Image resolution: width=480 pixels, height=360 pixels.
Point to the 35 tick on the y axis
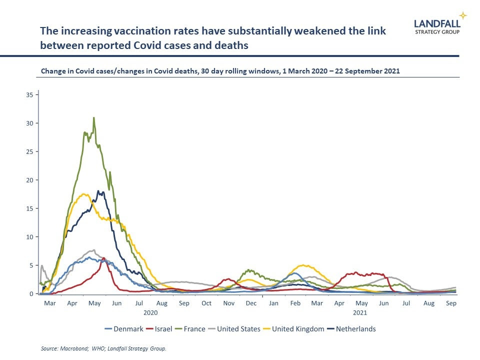(x=30, y=94)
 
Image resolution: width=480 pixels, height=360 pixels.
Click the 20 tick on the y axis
(x=30, y=180)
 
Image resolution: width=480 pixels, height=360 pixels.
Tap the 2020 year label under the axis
(x=150, y=313)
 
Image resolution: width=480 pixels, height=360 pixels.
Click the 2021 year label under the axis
(x=360, y=313)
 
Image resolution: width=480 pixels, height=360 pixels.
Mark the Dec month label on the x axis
(x=251, y=303)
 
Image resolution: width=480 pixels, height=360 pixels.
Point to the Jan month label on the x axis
(x=273, y=303)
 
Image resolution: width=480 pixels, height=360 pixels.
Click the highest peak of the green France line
(x=93, y=118)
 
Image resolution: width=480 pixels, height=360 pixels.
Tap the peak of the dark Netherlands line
(x=98, y=191)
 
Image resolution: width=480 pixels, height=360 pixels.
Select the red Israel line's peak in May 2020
(x=103, y=258)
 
